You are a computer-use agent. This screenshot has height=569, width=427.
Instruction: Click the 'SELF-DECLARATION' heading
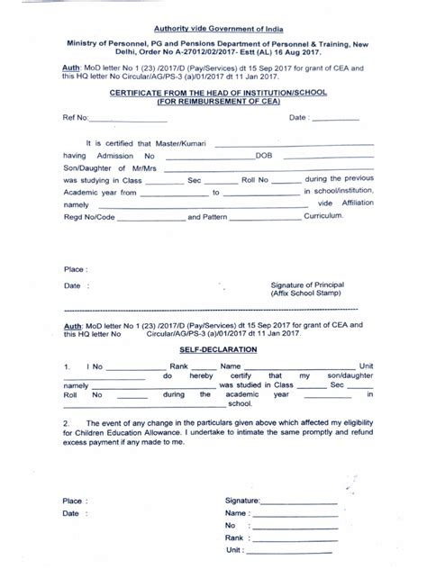(x=213, y=348)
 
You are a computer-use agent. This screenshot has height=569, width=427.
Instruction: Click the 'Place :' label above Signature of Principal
(x=76, y=269)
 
